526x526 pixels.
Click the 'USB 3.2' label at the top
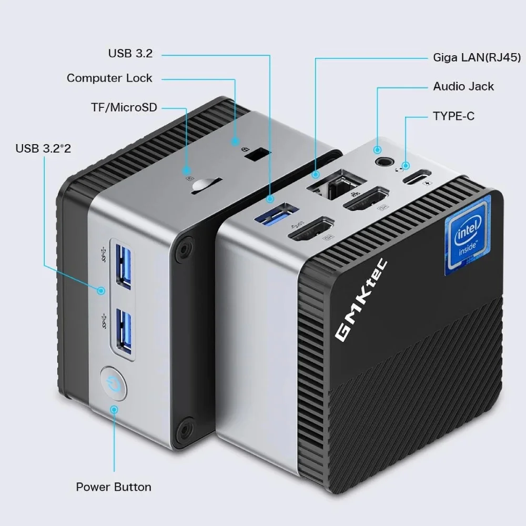coord(130,53)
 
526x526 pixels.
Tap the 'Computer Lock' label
coord(109,78)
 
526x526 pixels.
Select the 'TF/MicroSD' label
coord(124,108)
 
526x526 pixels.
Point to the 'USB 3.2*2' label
coord(43,148)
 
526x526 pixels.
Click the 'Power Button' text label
coord(114,487)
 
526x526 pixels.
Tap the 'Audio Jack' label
coord(463,86)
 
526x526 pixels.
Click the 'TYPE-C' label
coord(453,116)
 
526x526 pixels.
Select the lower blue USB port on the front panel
coord(123,329)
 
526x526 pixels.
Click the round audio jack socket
coord(381,161)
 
